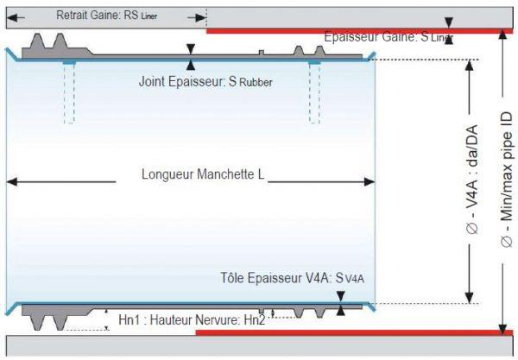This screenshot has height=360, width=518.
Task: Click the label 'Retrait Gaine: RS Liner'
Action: pyautogui.click(x=106, y=16)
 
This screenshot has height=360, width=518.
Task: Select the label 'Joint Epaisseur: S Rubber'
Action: pyautogui.click(x=205, y=83)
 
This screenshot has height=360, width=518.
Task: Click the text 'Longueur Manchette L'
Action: pyautogui.click(x=203, y=174)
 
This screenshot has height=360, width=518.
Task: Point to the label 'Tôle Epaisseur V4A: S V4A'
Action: pyautogui.click(x=293, y=279)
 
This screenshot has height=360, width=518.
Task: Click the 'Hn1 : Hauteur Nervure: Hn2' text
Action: pyautogui.click(x=193, y=320)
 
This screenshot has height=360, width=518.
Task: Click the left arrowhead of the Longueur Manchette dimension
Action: pyautogui.click(x=12, y=181)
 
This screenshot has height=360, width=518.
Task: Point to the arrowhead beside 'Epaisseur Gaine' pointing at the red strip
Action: pyautogui.click(x=448, y=22)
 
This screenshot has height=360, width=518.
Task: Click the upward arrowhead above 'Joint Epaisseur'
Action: pyautogui.click(x=191, y=65)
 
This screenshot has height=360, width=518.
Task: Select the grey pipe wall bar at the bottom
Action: pyautogui.click(x=259, y=347)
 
